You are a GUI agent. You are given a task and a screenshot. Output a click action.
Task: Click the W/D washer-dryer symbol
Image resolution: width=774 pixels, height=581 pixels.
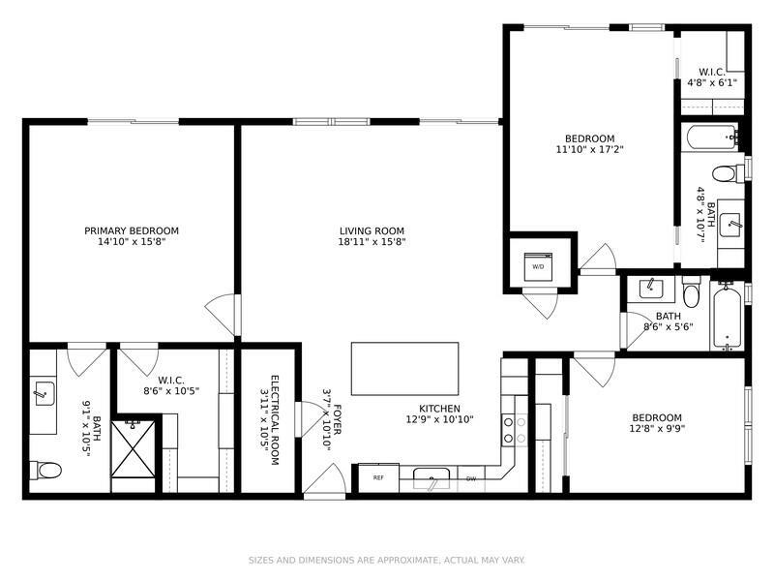click(x=538, y=266)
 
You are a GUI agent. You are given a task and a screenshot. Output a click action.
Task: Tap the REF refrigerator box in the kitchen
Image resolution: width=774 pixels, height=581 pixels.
click(x=378, y=477)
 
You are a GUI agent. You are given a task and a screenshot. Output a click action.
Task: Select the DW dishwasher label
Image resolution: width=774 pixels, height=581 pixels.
click(x=471, y=478)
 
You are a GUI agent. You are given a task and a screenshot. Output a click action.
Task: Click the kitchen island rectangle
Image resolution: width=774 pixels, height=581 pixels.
click(x=404, y=369)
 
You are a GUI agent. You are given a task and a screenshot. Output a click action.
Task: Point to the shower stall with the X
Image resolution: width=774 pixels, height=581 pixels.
click(x=134, y=448)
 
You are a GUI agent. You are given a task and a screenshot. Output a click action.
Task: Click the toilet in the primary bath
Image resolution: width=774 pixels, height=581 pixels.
click(x=45, y=470)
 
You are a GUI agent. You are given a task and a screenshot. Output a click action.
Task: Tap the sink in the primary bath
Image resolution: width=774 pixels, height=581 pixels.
click(x=44, y=393)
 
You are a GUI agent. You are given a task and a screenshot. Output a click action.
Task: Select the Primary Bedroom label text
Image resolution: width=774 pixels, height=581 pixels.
click(x=132, y=230)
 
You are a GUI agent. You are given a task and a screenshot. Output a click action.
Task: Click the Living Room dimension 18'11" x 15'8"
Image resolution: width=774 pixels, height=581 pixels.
click(x=372, y=241)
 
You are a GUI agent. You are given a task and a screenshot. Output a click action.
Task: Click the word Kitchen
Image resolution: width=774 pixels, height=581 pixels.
click(x=439, y=409)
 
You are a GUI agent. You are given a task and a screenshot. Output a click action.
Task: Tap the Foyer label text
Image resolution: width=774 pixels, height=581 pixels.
click(x=338, y=419)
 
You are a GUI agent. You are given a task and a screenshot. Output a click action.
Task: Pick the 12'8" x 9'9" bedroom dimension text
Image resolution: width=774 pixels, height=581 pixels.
click(x=657, y=428)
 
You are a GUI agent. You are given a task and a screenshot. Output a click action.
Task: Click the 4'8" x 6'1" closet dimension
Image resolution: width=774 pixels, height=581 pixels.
click(x=712, y=82)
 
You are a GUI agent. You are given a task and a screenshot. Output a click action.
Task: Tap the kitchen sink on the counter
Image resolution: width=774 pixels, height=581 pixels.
click(x=432, y=477)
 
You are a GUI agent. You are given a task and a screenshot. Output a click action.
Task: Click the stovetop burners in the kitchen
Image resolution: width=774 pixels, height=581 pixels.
click(x=515, y=430)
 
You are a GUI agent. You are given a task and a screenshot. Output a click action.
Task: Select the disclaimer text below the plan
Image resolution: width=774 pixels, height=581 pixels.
click(x=386, y=560)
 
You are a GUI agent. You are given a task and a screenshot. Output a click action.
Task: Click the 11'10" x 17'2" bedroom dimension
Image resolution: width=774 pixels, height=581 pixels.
click(x=590, y=149)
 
